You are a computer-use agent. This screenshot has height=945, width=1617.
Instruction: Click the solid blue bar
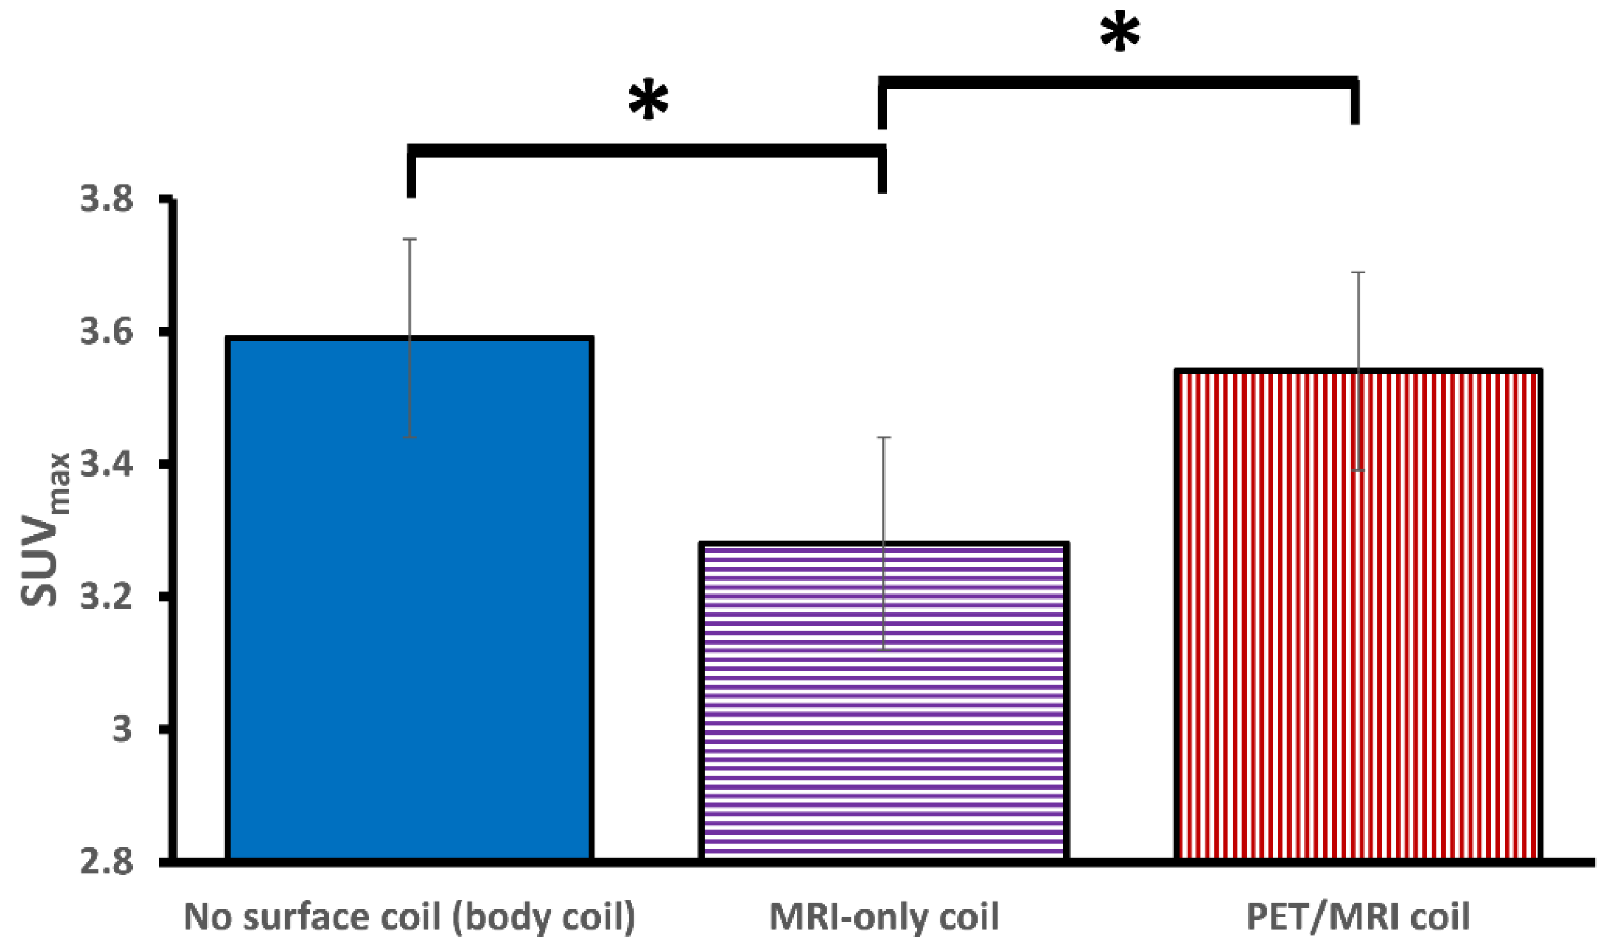point(409,597)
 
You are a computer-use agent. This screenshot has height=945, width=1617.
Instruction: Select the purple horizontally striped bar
point(884,700)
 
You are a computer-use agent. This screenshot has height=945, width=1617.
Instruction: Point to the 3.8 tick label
point(107,200)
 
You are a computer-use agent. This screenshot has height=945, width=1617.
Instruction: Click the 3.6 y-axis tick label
point(107,333)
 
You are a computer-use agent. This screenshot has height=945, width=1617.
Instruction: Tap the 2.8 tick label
point(107,862)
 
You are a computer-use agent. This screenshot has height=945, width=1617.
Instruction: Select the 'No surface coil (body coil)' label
point(409,916)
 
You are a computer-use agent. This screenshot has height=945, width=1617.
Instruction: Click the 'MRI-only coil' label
point(884,916)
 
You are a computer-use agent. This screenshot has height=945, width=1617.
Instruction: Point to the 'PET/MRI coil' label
point(1358,916)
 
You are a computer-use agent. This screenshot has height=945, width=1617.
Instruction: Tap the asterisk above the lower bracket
point(648,101)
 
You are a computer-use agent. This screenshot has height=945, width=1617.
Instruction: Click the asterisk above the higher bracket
point(1120,34)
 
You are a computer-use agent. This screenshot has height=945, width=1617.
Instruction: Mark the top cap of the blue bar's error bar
point(410,239)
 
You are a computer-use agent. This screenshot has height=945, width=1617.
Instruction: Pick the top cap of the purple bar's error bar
point(884,437)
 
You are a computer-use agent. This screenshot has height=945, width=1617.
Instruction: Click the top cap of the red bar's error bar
point(1358,272)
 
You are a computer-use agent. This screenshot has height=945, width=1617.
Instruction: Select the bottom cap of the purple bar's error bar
point(884,650)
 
